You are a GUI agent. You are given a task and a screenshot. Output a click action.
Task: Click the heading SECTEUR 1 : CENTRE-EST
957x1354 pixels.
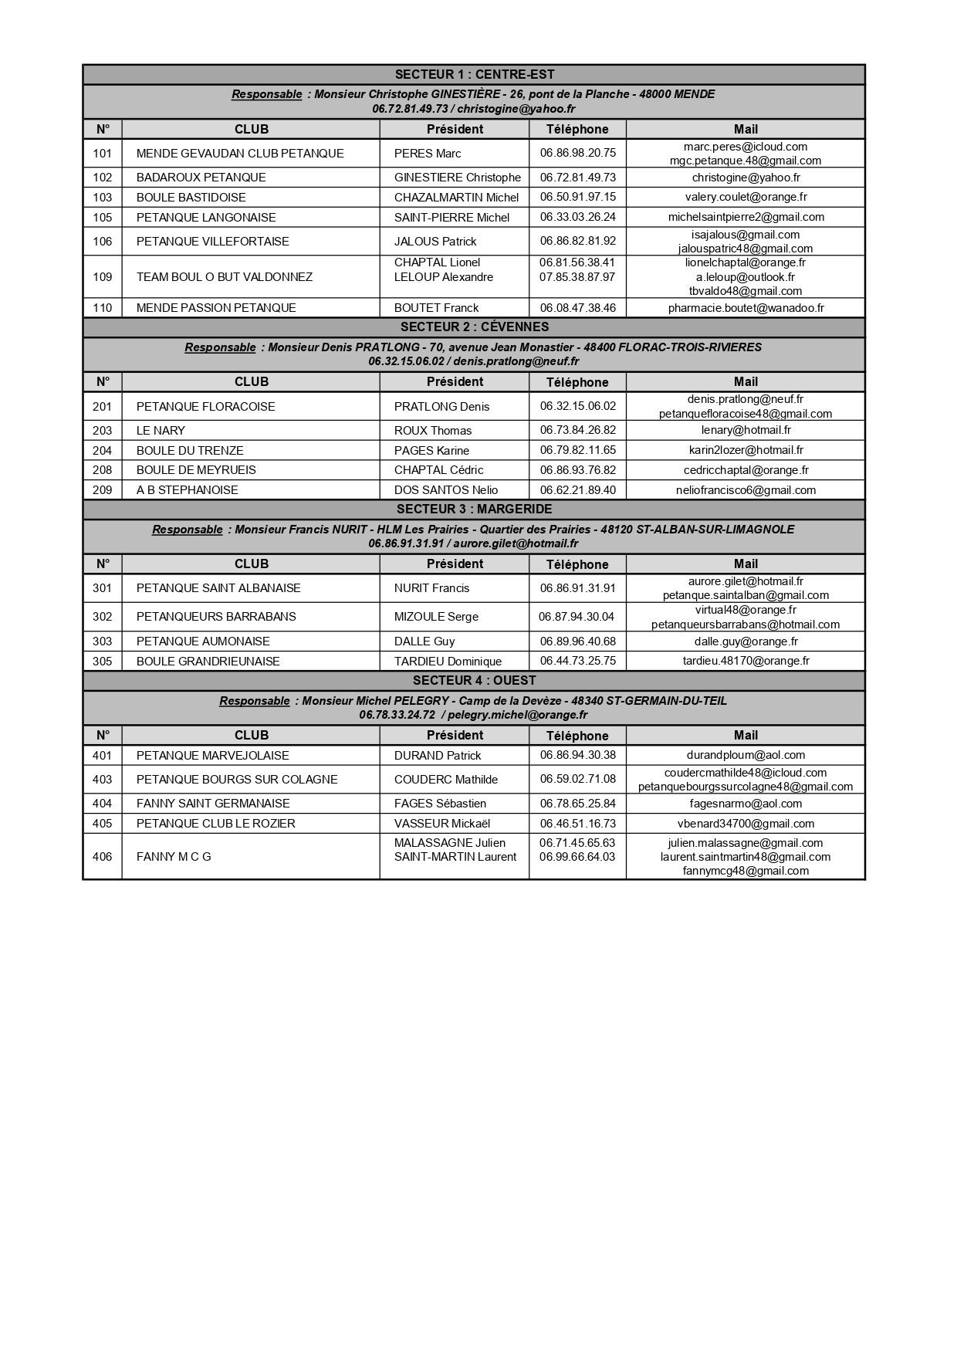(x=474, y=75)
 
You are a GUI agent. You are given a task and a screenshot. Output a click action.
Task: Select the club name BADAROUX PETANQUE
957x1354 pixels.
(x=201, y=178)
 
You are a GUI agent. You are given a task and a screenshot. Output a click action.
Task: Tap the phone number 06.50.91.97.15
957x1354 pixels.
(x=577, y=198)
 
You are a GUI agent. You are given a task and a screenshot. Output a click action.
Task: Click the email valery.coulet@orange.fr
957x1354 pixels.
(x=746, y=198)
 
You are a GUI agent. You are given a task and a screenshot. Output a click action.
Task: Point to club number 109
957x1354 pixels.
(x=102, y=277)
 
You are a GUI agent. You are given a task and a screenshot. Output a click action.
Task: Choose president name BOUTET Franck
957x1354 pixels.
(x=436, y=308)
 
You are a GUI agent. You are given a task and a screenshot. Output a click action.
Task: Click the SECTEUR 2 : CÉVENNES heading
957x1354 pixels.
(x=474, y=327)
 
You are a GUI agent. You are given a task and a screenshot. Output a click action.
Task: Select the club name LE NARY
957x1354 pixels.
(x=161, y=431)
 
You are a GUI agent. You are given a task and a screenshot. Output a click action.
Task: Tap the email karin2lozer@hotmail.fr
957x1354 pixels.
(x=746, y=451)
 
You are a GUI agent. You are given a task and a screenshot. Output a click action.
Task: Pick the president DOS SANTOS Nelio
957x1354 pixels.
(x=446, y=490)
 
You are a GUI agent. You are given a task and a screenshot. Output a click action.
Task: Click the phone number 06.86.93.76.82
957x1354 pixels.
(x=577, y=470)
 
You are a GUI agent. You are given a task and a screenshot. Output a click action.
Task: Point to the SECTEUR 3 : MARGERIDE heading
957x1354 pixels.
(x=474, y=509)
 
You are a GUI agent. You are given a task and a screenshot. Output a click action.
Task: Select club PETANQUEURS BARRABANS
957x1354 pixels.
(x=216, y=617)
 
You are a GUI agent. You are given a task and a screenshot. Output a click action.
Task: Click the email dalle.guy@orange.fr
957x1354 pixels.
(x=746, y=641)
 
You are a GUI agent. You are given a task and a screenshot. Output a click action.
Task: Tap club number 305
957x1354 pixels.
(x=102, y=662)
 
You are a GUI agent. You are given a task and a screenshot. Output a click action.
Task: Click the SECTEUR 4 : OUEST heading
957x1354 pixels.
(x=474, y=681)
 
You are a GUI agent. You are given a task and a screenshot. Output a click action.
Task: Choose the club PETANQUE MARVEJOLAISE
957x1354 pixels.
(x=212, y=756)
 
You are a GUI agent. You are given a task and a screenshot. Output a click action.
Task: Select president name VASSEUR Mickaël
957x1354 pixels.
(x=442, y=824)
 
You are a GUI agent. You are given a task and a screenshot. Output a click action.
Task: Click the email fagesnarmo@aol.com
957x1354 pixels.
(x=746, y=804)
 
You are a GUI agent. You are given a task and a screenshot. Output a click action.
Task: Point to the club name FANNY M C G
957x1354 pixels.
(x=174, y=857)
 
